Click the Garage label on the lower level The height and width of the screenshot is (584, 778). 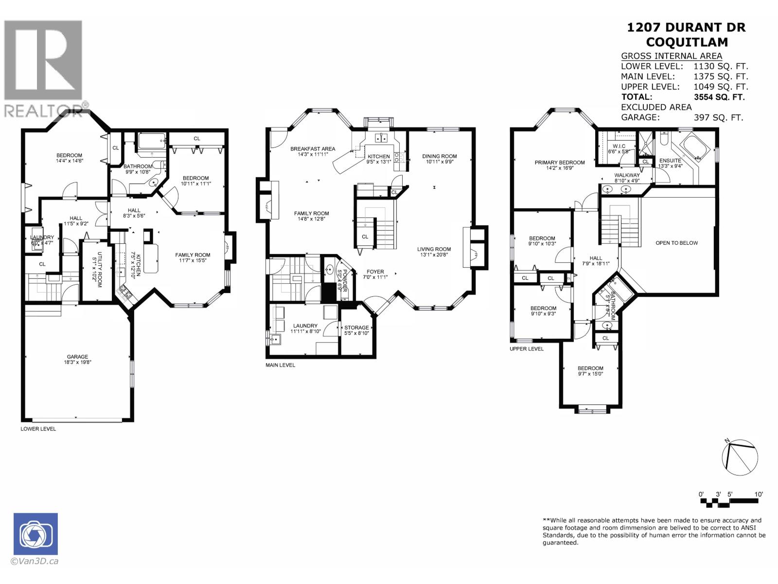(x=78, y=357)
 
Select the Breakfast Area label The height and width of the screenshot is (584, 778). (x=313, y=149)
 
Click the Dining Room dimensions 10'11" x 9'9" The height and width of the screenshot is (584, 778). (x=440, y=162)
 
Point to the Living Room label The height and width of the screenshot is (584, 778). (x=434, y=249)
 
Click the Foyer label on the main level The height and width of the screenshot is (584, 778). (x=375, y=272)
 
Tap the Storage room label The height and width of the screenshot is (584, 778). (x=356, y=328)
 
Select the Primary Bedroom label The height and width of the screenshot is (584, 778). (x=560, y=163)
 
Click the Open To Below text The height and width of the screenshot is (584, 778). (x=676, y=243)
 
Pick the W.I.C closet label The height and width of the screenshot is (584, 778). (x=619, y=146)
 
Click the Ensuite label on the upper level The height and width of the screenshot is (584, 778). (x=670, y=161)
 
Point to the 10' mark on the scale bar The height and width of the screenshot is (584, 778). (x=759, y=494)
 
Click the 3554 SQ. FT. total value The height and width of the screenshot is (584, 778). (x=719, y=97)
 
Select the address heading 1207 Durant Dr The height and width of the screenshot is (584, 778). (x=686, y=27)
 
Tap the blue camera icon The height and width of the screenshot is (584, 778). (x=35, y=533)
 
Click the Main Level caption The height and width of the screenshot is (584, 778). (x=280, y=365)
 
